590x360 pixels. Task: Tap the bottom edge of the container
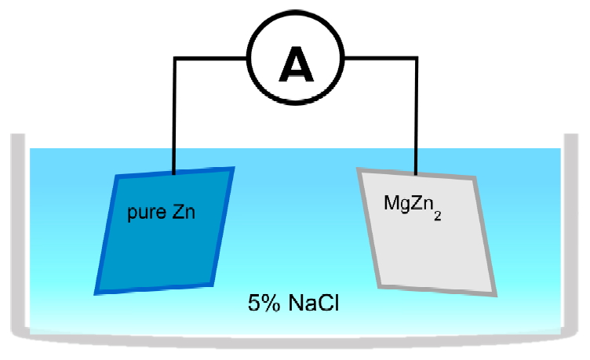[294, 338]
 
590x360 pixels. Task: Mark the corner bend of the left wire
[174, 58]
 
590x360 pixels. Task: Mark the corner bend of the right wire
[415, 58]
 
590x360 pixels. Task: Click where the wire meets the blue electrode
[174, 171]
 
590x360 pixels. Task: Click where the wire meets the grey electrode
[415, 173]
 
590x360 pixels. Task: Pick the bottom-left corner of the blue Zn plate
[97, 292]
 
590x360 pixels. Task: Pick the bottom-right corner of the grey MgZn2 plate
[495, 294]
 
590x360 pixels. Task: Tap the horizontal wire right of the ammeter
[380, 58]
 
